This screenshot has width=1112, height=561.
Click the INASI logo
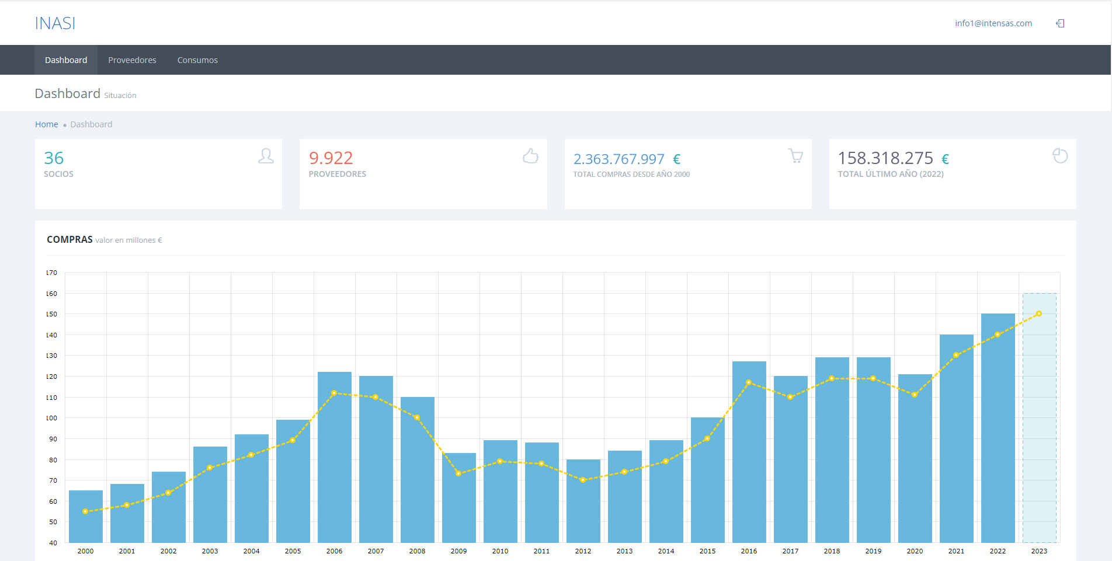[55, 23]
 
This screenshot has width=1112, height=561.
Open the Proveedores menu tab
[132, 60]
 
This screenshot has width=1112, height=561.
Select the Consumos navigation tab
[197, 60]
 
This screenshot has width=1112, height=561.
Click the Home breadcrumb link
[46, 124]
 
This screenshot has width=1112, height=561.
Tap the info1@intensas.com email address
[993, 23]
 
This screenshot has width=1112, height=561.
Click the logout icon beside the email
[1060, 23]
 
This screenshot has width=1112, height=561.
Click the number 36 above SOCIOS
[54, 158]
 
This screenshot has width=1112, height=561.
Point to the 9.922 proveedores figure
[331, 158]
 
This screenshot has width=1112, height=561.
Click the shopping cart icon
[795, 156]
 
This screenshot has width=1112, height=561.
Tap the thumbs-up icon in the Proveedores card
[530, 156]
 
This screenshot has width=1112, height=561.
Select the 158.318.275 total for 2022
[885, 158]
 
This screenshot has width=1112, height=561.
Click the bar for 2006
[335, 455]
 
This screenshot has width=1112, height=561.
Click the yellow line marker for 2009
[458, 473]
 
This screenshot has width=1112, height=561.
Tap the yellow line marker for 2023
[1039, 313]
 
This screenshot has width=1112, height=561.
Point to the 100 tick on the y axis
[52, 418]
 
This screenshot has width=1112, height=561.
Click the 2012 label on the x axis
[583, 551]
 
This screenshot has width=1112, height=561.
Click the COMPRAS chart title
[69, 239]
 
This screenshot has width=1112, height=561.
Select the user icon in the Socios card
[266, 156]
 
